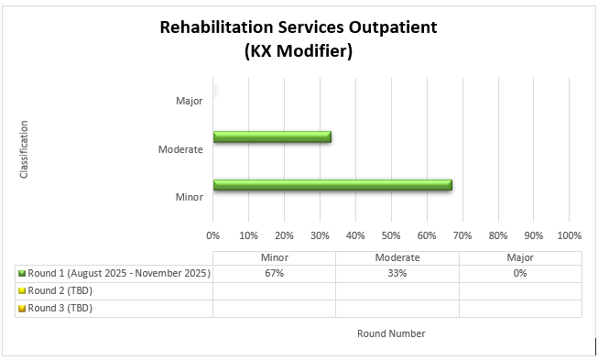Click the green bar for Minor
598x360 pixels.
[x=332, y=185]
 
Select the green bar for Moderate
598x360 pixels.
[x=272, y=137]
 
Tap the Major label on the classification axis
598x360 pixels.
[x=190, y=101]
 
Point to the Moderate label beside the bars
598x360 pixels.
[x=180, y=149]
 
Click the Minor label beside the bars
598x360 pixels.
[x=189, y=197]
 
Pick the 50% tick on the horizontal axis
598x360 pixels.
[x=391, y=235]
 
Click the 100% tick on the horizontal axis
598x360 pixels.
[x=569, y=235]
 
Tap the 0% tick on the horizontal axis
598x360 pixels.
[x=213, y=235]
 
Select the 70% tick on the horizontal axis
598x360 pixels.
[x=462, y=235]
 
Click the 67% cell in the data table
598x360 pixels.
[x=274, y=273]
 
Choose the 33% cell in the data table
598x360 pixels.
[x=397, y=273]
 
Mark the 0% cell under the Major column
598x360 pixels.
[x=519, y=273]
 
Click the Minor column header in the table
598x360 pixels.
[x=274, y=257]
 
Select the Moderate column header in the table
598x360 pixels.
[x=397, y=257]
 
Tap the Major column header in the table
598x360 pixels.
[x=519, y=257]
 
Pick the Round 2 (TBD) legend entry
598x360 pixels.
[x=60, y=290]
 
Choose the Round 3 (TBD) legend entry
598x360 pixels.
[x=60, y=308]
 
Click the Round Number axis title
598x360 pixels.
[x=391, y=333]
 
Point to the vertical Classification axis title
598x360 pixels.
[x=24, y=149]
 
